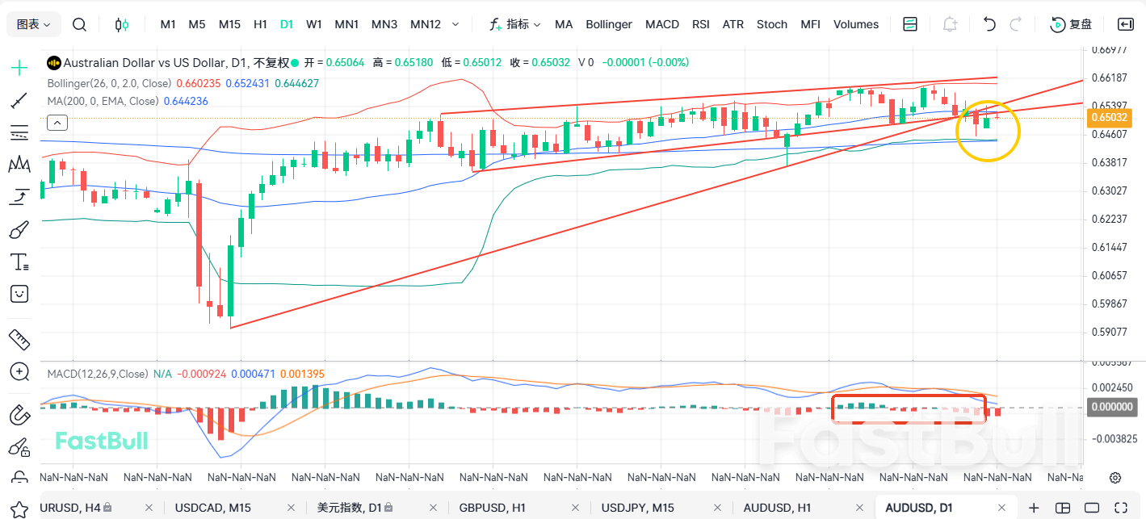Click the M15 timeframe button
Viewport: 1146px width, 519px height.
tap(229, 24)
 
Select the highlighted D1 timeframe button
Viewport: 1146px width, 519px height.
tap(287, 24)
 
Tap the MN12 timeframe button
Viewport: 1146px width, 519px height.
tap(426, 24)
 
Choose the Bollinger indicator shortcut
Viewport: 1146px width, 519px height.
tap(609, 24)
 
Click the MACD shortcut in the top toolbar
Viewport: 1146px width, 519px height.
tap(662, 24)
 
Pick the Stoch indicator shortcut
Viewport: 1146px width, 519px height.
tap(771, 24)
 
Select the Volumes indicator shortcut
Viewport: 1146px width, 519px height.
tap(855, 24)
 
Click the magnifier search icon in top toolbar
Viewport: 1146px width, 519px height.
tap(79, 24)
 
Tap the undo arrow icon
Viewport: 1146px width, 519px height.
tap(989, 24)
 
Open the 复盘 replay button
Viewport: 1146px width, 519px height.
tap(1071, 24)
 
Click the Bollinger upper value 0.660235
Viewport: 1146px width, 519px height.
tap(199, 83)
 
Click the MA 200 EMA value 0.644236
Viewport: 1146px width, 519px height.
tap(186, 101)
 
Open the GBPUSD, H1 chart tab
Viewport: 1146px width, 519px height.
tap(492, 508)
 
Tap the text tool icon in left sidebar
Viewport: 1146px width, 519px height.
tap(19, 262)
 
